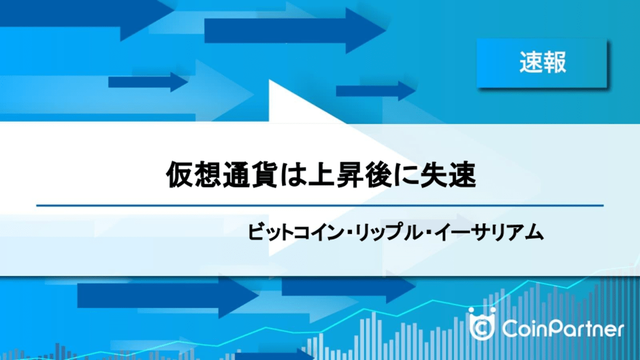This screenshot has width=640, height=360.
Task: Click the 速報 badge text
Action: click(x=543, y=62)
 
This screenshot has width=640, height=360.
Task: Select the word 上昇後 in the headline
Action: click(x=350, y=175)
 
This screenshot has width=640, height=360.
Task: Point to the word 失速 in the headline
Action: click(x=449, y=175)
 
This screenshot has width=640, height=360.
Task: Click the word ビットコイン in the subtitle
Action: click(x=296, y=233)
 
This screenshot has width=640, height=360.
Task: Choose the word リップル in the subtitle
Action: click(x=389, y=233)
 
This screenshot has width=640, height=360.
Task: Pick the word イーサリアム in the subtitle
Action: click(x=489, y=233)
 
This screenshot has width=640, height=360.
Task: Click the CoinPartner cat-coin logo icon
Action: click(x=482, y=324)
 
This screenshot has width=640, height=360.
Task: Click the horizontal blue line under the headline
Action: click(x=320, y=205)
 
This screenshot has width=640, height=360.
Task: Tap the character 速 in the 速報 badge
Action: click(x=531, y=62)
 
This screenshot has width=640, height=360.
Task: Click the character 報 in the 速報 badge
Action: click(x=554, y=62)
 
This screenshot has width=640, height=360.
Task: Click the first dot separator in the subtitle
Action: click(x=349, y=233)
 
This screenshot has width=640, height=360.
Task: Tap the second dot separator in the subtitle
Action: click(x=428, y=233)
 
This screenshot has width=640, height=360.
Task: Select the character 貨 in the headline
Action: click(x=265, y=175)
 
